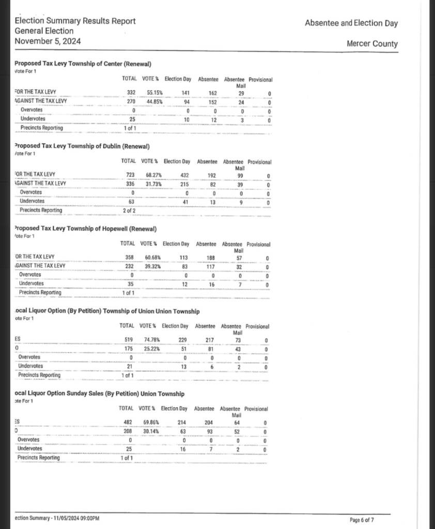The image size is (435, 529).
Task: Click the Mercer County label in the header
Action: coord(372,44)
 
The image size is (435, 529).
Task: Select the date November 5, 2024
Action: coord(48,41)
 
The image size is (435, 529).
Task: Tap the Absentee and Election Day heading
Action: coord(351,23)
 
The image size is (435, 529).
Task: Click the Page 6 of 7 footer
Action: coord(362,520)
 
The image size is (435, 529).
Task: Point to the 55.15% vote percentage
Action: coord(155,93)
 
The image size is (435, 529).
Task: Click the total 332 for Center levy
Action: coord(131,93)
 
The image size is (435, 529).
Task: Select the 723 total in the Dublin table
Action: coord(131,175)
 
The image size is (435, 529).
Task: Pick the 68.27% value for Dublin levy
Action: coord(154,175)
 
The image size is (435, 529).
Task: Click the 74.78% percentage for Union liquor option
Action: coord(152,339)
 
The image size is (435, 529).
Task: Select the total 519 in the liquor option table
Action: coord(129,339)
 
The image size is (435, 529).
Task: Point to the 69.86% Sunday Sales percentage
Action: coord(151,422)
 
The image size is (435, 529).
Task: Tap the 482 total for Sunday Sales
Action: coord(128,422)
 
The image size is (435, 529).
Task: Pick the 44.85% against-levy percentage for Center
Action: coord(155,102)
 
